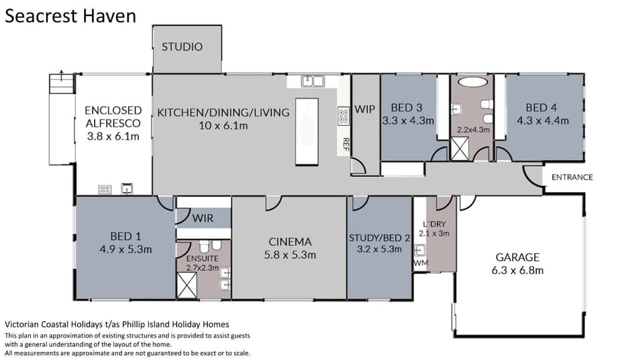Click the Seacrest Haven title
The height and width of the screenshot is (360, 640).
click(x=70, y=16)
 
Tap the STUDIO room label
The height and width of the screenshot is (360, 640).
click(x=182, y=47)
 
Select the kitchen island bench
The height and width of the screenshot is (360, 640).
click(x=307, y=131)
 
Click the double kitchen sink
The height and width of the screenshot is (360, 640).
click(x=313, y=81)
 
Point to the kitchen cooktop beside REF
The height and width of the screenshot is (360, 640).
click(x=344, y=116)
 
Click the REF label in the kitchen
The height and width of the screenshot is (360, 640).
click(x=346, y=145)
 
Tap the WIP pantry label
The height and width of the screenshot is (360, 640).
click(x=365, y=109)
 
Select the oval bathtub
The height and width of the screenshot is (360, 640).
click(x=473, y=81)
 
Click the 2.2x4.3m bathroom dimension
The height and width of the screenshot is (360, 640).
click(x=473, y=130)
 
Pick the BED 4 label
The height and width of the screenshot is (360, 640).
click(x=541, y=108)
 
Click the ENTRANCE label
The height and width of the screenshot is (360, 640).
click(x=572, y=177)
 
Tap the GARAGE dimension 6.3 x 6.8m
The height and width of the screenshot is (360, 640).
click(x=517, y=270)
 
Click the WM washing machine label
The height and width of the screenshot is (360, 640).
click(x=421, y=263)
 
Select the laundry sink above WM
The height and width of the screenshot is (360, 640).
click(x=420, y=250)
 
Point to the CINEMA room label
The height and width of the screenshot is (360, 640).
click(x=290, y=241)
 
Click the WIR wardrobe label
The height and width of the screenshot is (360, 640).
click(x=203, y=219)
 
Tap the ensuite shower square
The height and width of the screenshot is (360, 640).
click(x=187, y=285)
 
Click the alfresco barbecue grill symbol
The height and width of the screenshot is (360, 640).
click(x=105, y=189)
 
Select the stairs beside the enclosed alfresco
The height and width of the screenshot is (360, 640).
click(x=63, y=83)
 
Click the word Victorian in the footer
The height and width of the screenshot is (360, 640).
click(x=21, y=325)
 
